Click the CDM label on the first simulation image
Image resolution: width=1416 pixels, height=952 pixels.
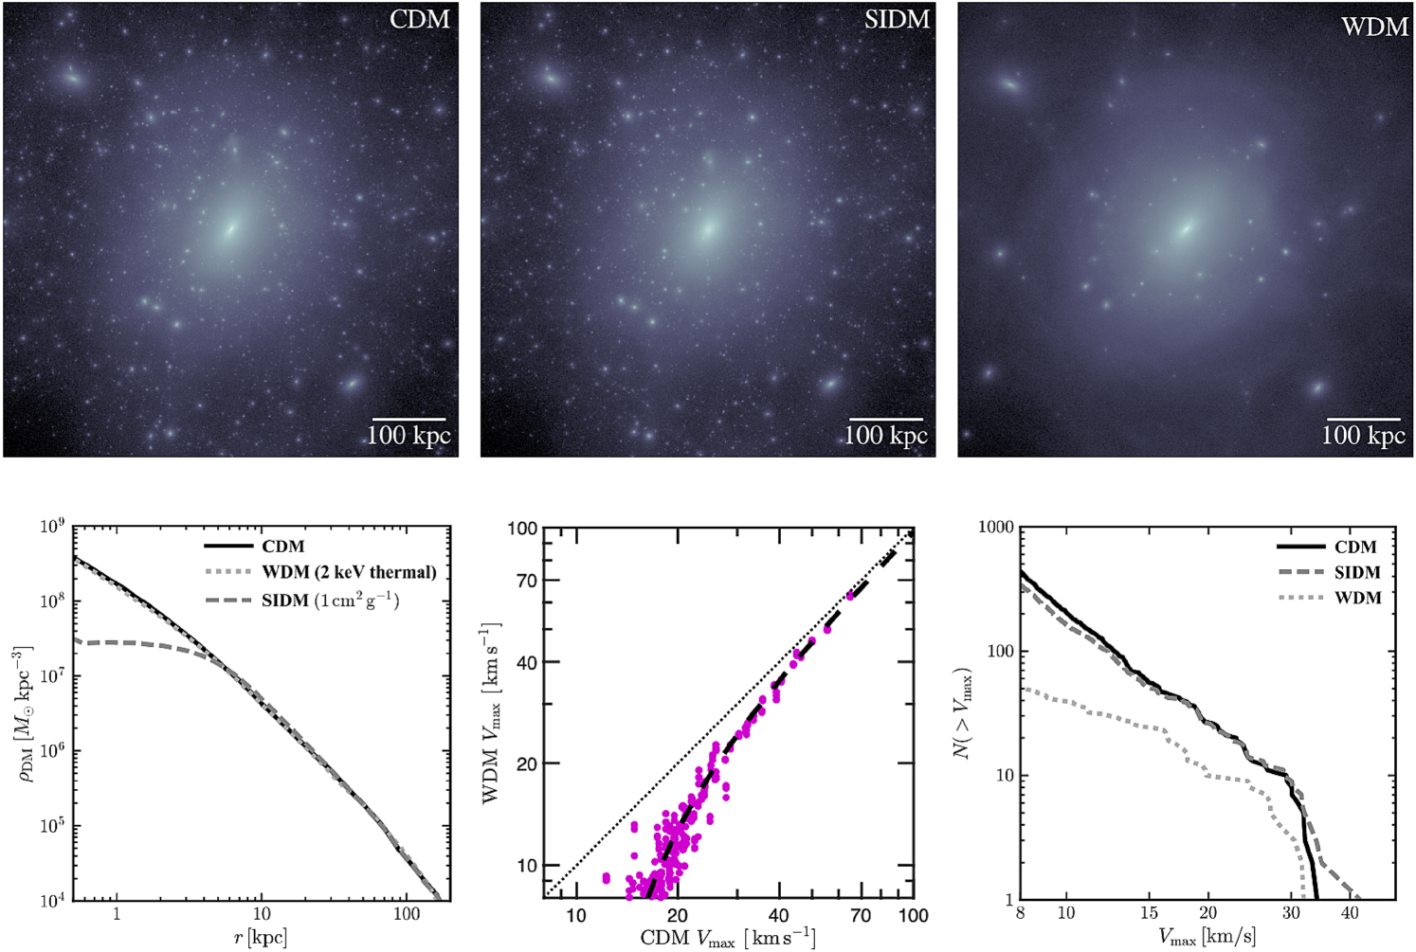[419, 19]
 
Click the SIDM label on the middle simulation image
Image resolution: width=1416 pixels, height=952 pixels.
[897, 19]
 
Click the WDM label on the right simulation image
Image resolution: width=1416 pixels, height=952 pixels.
[1374, 26]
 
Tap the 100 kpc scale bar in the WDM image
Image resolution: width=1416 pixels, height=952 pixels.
[1363, 419]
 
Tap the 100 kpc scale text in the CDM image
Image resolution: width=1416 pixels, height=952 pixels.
[408, 436]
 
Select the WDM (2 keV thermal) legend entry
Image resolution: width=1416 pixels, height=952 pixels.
[349, 572]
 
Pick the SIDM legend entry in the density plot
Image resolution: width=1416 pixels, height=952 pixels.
[330, 600]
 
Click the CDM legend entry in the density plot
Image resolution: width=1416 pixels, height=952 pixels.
[282, 547]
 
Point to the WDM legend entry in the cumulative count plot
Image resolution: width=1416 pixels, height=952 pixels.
[1357, 598]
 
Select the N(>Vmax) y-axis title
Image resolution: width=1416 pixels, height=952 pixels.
[963, 712]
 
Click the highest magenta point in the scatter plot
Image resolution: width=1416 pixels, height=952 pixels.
[850, 595]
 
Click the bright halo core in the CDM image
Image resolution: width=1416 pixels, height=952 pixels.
[230, 227]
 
